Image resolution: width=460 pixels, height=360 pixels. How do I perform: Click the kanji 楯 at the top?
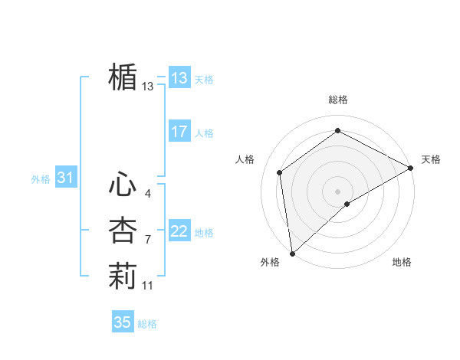pos(123,77)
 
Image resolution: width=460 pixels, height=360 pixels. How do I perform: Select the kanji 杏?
pos(123,231)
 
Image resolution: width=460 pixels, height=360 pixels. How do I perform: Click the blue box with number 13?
pos(179,77)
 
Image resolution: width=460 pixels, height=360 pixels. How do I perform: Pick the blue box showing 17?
pos(179,131)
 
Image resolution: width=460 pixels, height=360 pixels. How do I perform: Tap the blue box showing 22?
pos(179,231)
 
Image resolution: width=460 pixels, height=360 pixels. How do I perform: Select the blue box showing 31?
pos(65,178)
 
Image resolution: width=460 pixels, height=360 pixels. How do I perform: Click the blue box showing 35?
pos(123,322)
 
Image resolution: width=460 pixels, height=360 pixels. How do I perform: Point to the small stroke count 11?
pos(148,286)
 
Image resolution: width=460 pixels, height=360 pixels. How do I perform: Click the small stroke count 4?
pos(147,193)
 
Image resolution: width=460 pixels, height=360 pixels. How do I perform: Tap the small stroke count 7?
pos(147,240)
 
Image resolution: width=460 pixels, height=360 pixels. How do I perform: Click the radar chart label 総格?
pos(338,100)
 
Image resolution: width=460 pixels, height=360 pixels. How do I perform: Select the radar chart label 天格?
pos(431,159)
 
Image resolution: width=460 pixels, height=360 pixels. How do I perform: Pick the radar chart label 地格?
pos(402,262)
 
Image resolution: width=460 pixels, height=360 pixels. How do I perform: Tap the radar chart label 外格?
pos(270,262)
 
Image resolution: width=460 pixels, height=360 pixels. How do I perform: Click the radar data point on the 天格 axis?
pos(411,168)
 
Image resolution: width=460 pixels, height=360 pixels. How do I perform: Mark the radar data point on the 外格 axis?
pos(292,253)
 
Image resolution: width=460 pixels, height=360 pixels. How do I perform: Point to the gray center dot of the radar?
pos(337,191)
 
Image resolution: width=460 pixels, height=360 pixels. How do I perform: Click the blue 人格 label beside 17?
pos(204,133)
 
